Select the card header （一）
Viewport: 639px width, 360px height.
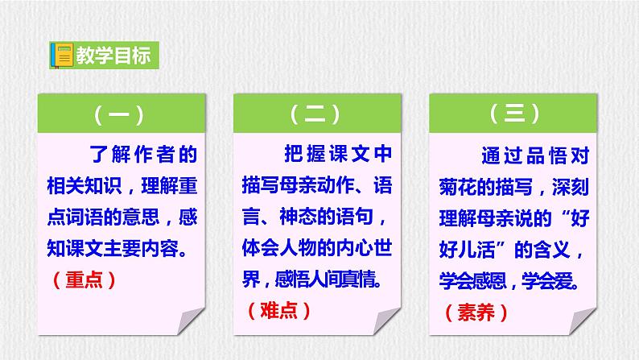[118, 115]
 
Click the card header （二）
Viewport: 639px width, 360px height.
[317, 115]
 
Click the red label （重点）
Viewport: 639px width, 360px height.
[86, 279]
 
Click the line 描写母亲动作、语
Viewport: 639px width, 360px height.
[316, 184]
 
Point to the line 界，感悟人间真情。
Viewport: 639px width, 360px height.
[316, 279]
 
